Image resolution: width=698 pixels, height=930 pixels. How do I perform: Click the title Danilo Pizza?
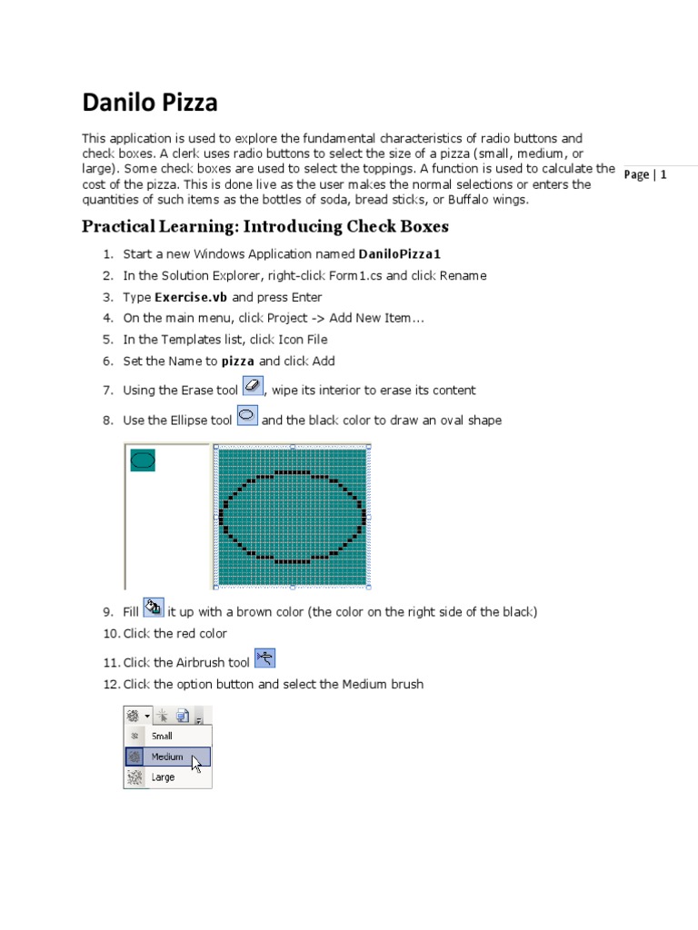150,103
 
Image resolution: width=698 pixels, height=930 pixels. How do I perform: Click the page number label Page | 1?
645,174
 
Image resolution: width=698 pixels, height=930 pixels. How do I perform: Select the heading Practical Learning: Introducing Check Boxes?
265,226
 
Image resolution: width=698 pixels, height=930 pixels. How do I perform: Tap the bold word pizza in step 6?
238,361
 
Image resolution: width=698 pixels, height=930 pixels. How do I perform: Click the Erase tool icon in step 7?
253,387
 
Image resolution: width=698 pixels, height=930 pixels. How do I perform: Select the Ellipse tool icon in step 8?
246,416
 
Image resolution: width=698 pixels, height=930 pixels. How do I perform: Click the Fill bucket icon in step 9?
154,608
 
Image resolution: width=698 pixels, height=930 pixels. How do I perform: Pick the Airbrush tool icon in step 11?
264,658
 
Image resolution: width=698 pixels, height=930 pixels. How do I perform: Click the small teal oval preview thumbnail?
143,460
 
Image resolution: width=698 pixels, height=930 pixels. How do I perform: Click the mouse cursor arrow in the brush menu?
196,764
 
